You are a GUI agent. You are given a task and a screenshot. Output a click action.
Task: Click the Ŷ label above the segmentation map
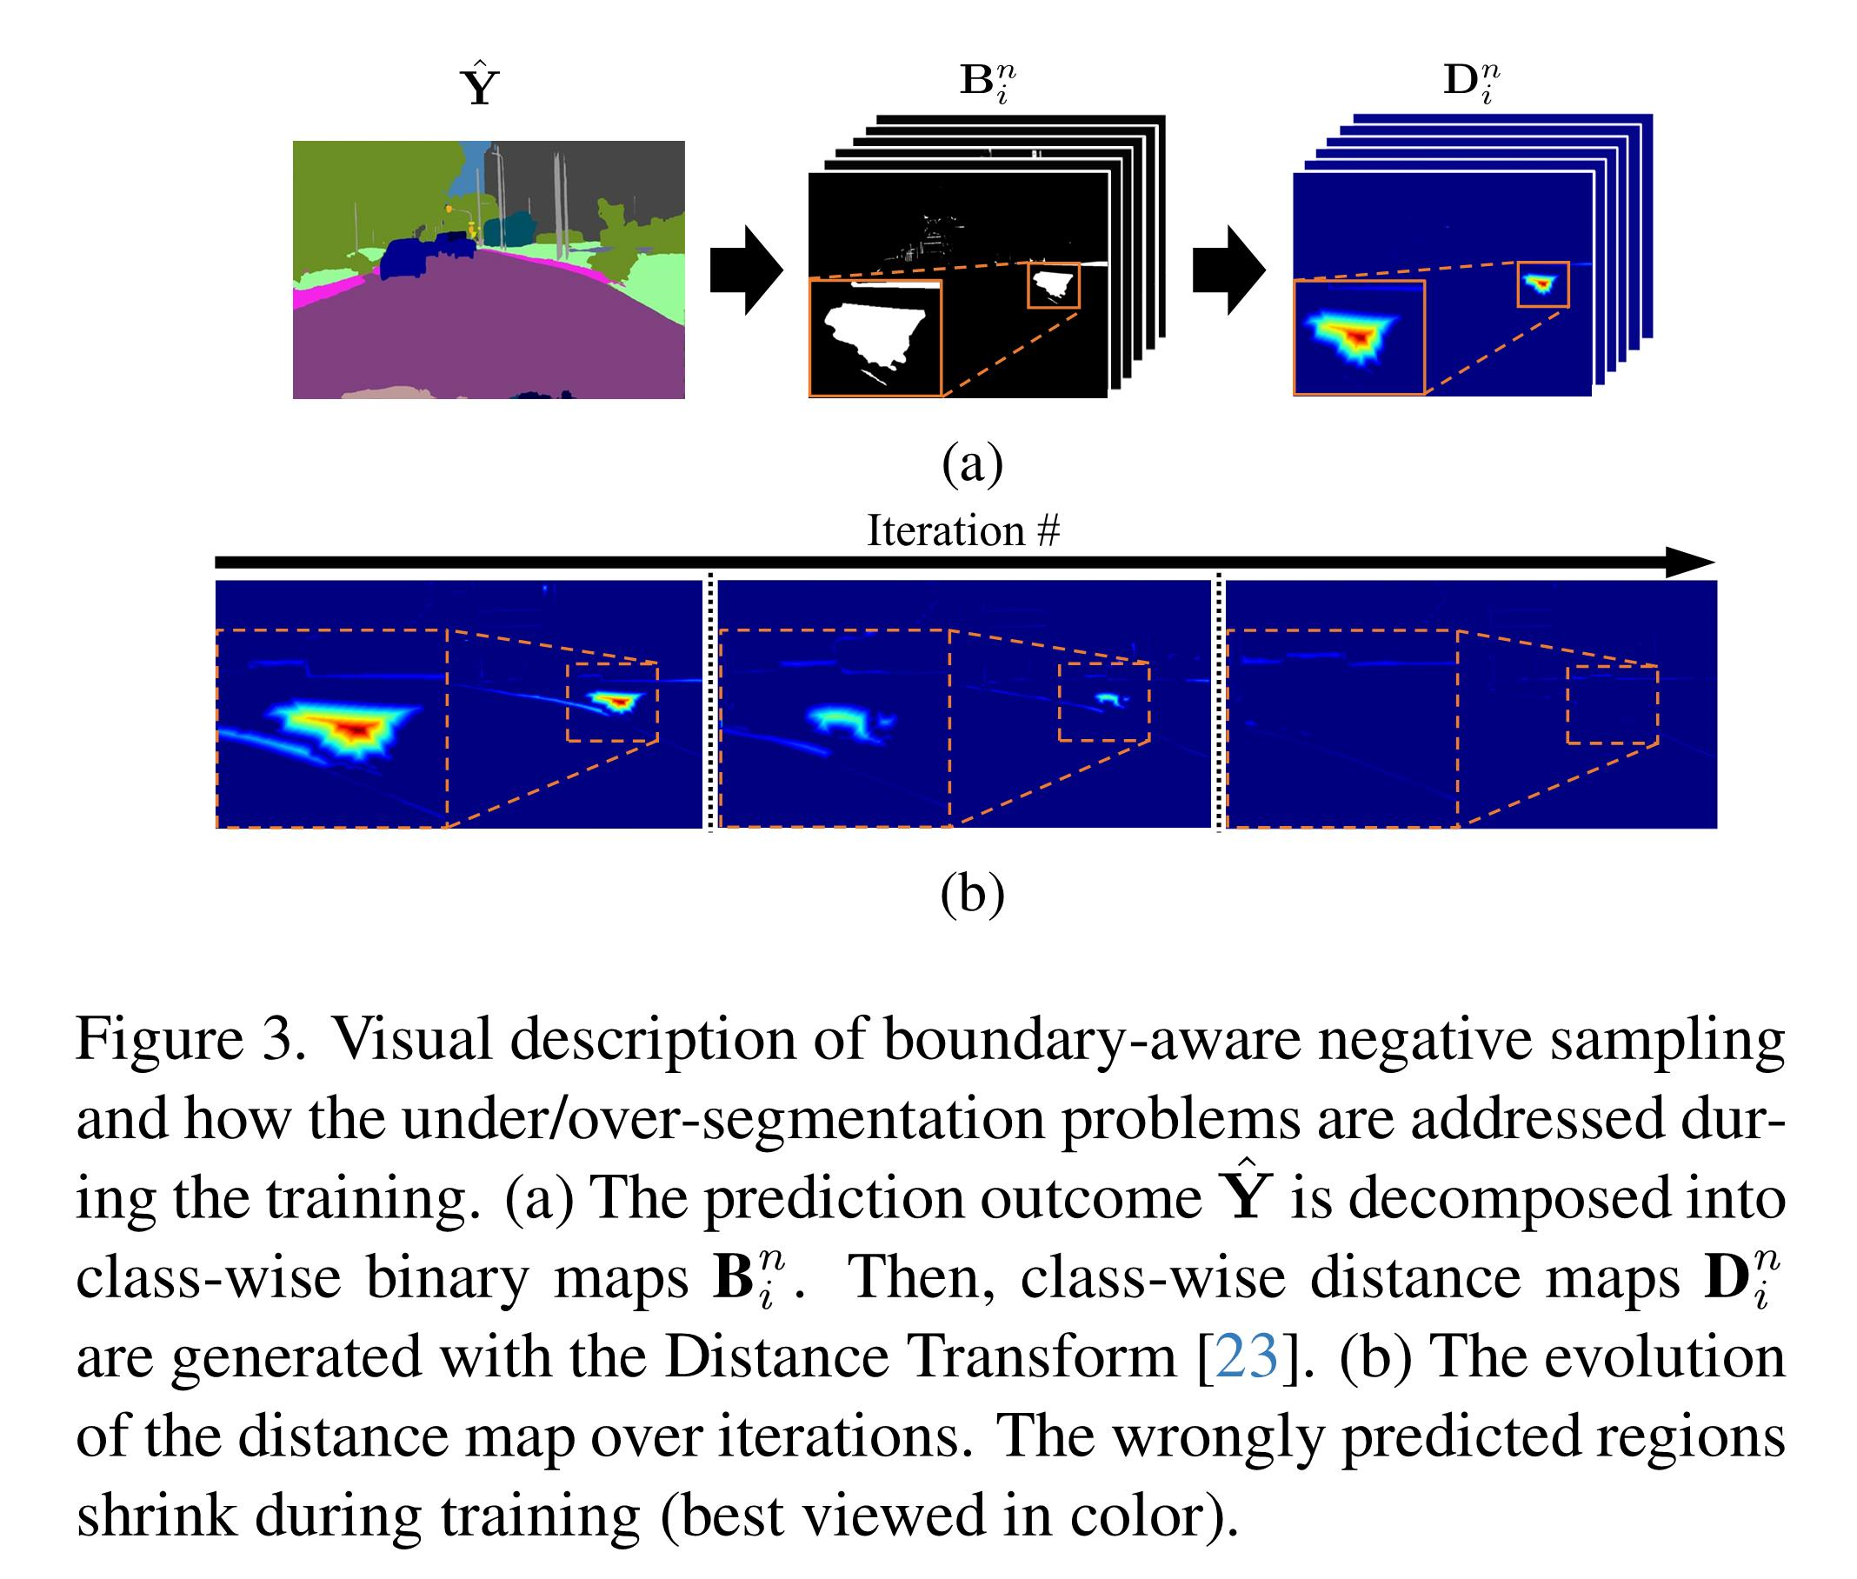tap(479, 85)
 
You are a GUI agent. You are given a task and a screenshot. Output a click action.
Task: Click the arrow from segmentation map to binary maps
tap(745, 270)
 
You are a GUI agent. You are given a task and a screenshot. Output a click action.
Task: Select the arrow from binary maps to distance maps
tap(1228, 270)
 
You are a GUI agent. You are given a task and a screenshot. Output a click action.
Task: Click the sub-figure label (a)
tap(972, 463)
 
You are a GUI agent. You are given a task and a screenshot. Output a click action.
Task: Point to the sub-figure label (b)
tap(972, 892)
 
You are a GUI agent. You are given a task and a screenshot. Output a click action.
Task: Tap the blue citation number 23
tap(1247, 1357)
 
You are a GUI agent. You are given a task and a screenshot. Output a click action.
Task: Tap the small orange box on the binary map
tap(1054, 285)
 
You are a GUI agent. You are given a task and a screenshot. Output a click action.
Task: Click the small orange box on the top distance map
tap(1542, 284)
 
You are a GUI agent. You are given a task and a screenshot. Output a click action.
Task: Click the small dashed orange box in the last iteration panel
tap(1612, 704)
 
